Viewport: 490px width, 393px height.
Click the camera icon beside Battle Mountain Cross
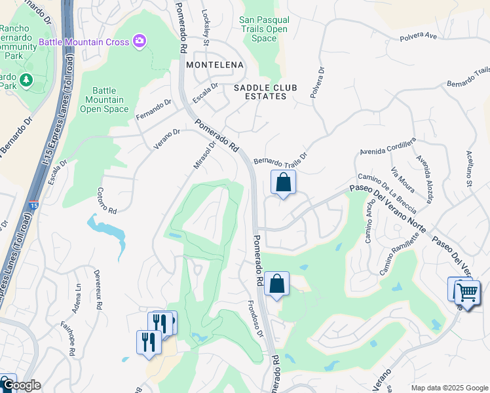pyautogui.click(x=139, y=42)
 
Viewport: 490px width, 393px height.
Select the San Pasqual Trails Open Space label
pyautogui.click(x=264, y=29)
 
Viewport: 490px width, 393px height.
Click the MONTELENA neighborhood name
pyautogui.click(x=214, y=65)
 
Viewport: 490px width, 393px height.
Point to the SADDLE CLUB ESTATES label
pyautogui.click(x=261, y=92)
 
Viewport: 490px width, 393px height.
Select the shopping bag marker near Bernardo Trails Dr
pyautogui.click(x=283, y=183)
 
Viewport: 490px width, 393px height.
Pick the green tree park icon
pyautogui.click(x=26, y=80)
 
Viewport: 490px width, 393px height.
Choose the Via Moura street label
pyautogui.click(x=403, y=181)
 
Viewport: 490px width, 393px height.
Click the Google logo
pyautogui.click(x=21, y=385)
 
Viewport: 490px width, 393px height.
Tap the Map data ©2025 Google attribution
pyautogui.click(x=449, y=388)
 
